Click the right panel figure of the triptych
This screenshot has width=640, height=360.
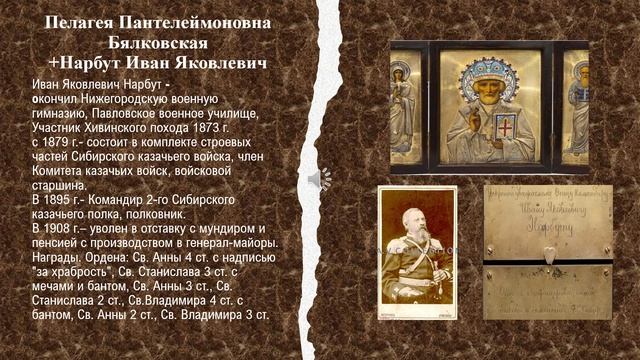[x=578, y=105]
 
